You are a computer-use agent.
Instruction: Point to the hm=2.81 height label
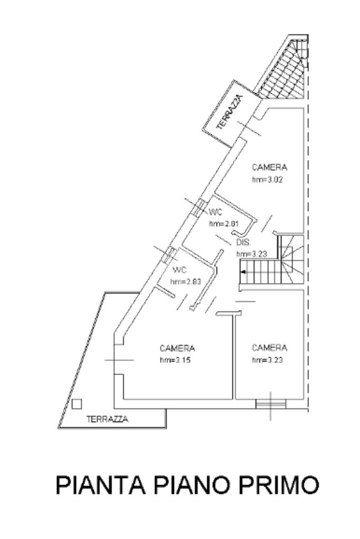coord(225,224)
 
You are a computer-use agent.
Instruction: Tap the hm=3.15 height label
coord(178,360)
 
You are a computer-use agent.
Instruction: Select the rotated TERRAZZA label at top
coord(228,112)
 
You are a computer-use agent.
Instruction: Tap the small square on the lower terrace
coord(77,404)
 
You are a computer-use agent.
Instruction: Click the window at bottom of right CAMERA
coord(271,404)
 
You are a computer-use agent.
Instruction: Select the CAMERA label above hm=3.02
coord(269,168)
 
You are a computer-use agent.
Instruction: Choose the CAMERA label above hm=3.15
coord(178,348)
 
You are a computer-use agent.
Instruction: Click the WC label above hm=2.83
coord(180,270)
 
